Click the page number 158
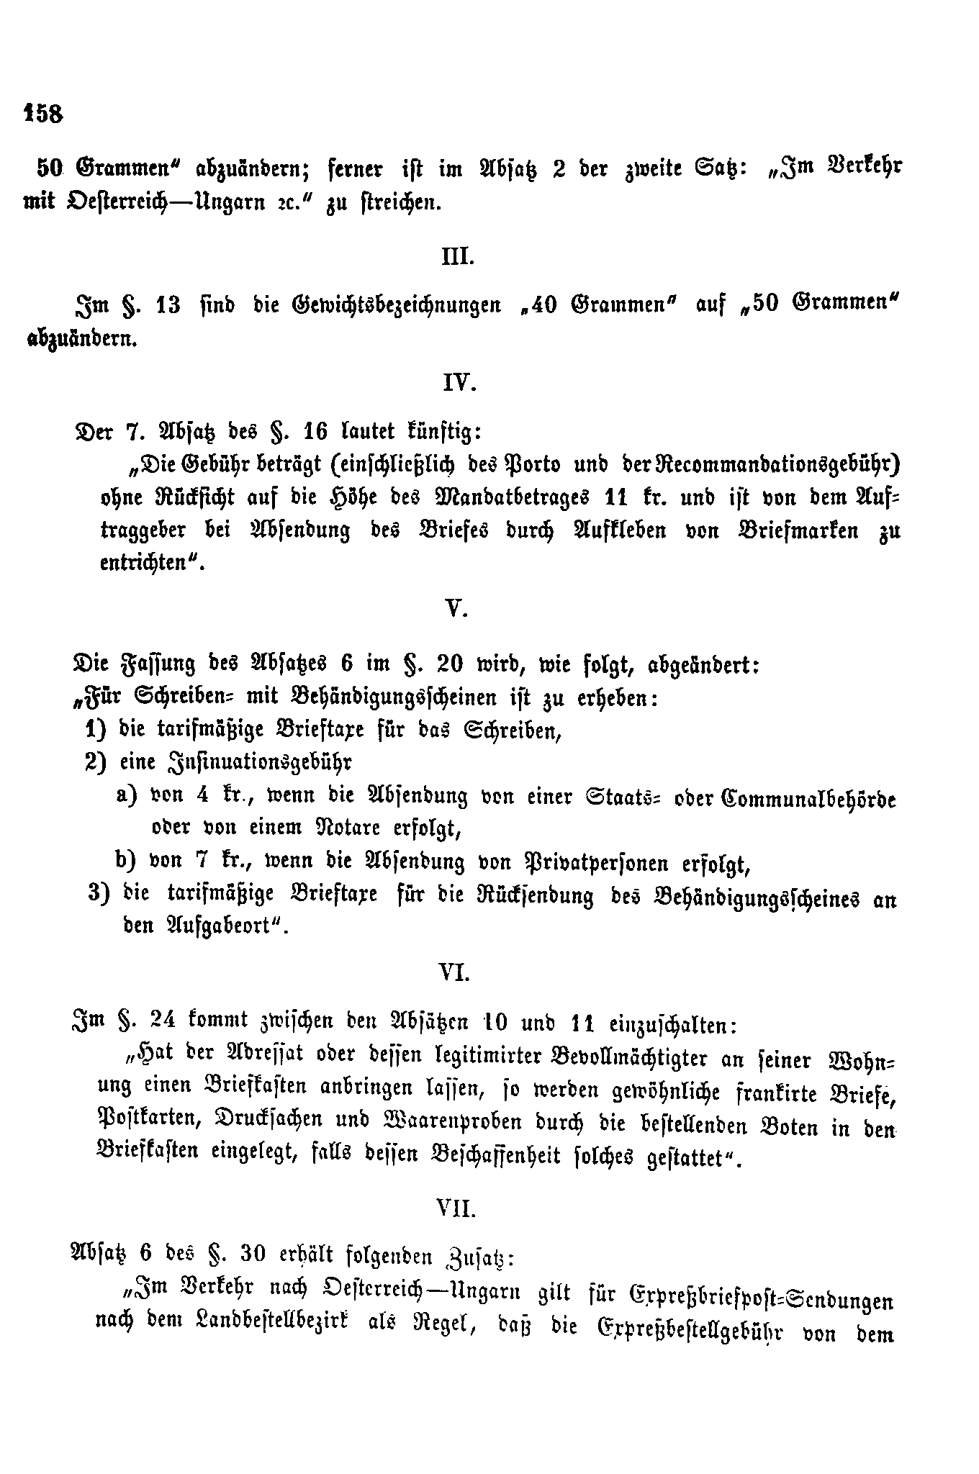click(44, 113)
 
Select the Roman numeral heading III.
click(458, 257)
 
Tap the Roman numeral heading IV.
click(459, 383)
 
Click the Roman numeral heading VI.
click(455, 974)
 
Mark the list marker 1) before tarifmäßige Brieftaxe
click(96, 730)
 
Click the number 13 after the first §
click(168, 304)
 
